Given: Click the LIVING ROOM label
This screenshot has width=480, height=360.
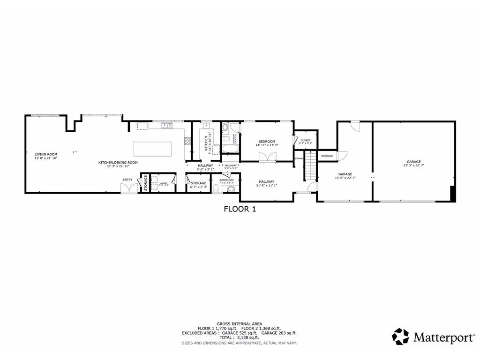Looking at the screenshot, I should pyautogui.click(x=46, y=154).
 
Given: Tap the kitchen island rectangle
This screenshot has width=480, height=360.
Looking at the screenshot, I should pyautogui.click(x=152, y=149).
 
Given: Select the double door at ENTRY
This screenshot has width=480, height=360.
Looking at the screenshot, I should pyautogui.click(x=127, y=187).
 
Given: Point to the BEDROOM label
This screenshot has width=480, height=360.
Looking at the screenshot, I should pyautogui.click(x=267, y=142).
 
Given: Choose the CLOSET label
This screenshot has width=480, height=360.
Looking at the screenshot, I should pyautogui.click(x=306, y=140).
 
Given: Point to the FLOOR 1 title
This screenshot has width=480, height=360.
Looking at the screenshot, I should pyautogui.click(x=240, y=210).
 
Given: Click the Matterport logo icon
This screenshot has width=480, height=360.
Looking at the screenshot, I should pyautogui.click(x=400, y=336).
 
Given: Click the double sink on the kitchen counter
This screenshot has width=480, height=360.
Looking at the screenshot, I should pyautogui.click(x=167, y=125).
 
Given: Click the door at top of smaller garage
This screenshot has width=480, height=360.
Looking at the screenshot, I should pyautogui.click(x=355, y=126).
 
